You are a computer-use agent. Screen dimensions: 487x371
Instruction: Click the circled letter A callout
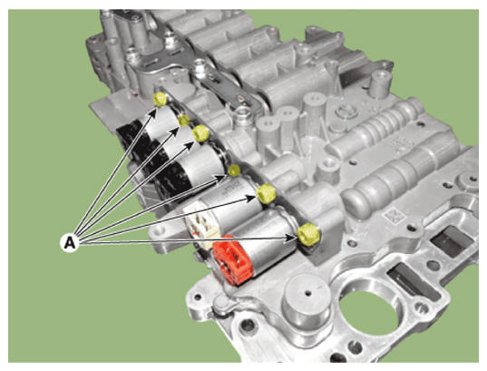pos(70,242)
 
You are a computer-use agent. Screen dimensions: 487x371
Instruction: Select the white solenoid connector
pos(203,224)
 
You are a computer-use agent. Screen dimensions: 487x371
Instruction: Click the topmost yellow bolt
pos(160,100)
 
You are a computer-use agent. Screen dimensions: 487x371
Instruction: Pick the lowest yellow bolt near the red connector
pos(308,234)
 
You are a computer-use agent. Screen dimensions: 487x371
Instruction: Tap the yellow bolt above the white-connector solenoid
pos(267,193)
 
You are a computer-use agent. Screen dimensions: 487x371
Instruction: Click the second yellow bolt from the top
pos(184,121)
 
